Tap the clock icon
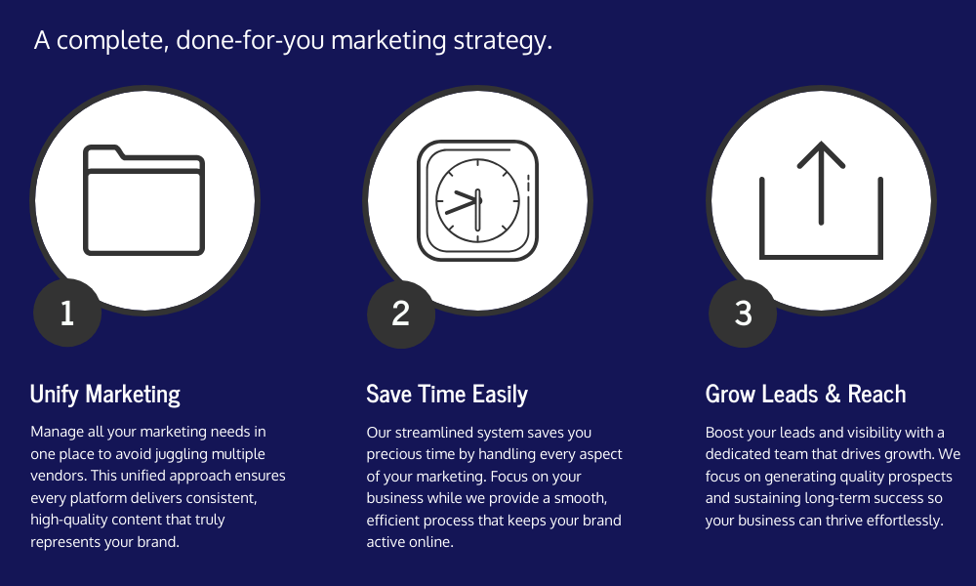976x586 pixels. pos(477,200)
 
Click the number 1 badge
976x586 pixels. pos(67,313)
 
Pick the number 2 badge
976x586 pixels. pos(401,314)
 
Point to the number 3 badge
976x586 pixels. pos(743,314)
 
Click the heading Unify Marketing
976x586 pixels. pos(105,395)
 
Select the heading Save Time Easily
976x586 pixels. pos(447,395)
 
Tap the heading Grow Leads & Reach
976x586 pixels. pos(805,395)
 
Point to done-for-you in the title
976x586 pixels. pos(250,40)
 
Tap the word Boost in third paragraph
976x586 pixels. pos(722,433)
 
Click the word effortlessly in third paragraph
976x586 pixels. pos(905,520)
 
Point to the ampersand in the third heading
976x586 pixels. pos(833,395)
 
